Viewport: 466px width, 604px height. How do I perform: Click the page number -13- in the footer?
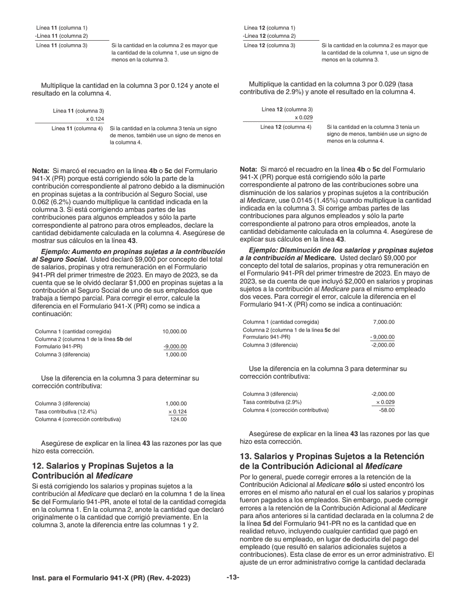233,577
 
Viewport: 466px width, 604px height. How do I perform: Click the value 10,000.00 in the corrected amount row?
174,331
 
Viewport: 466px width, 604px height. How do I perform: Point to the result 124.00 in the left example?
178,419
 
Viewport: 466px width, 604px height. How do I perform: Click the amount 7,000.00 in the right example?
384,322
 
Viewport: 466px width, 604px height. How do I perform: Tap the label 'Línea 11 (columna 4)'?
77,129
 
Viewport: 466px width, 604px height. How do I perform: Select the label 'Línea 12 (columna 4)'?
285,127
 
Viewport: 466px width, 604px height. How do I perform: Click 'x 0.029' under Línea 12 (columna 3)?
303,117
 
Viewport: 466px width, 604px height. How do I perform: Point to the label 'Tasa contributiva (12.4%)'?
66,412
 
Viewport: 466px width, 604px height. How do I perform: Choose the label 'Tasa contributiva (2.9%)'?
272,402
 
